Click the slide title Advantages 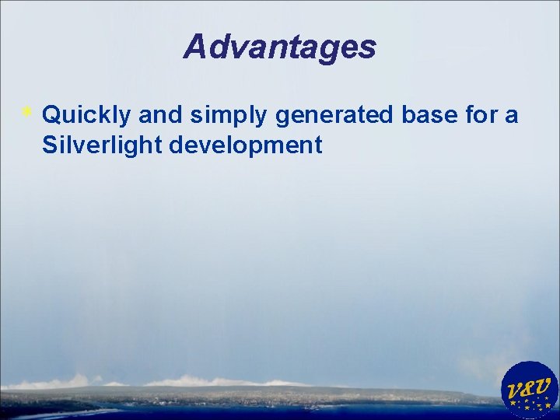point(280,47)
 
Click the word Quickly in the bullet point(86,115)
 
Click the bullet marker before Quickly point(27,114)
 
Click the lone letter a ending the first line point(511,116)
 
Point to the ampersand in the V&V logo point(530,387)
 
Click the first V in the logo point(515,390)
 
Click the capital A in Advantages point(195,47)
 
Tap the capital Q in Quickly point(53,115)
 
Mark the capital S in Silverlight point(51,145)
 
